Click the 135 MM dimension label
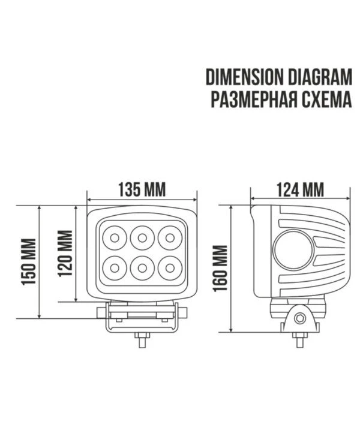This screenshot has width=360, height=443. [142, 189]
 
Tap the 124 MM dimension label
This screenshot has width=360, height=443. [300, 189]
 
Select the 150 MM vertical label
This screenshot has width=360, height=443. [29, 261]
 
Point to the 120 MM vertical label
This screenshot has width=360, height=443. [65, 254]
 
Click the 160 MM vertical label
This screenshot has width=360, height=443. [220, 268]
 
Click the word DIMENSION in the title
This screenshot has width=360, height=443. [244, 77]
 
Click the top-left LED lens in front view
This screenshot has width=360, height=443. [115, 238]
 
